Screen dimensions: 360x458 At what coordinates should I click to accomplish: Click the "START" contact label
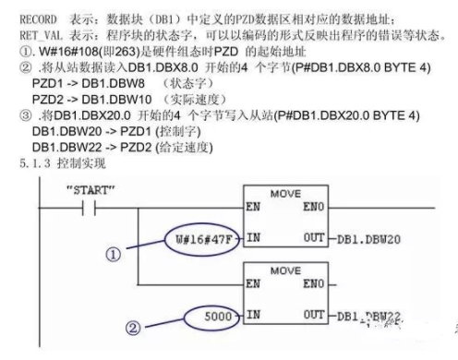pyautogui.click(x=91, y=190)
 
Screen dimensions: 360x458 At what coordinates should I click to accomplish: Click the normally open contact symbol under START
pyautogui.click(x=92, y=208)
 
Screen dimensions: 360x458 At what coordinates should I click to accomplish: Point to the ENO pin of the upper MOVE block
pyautogui.click(x=313, y=209)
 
